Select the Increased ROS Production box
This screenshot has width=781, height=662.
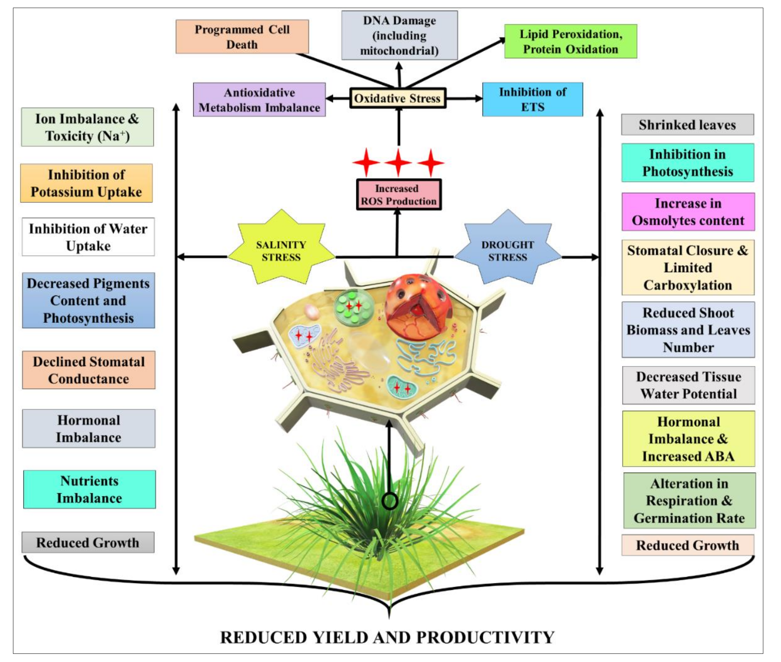399,194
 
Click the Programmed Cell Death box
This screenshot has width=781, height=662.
242,37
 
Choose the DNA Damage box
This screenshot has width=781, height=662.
399,35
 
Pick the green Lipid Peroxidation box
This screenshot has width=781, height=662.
571,41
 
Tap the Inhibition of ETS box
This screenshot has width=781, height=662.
532,99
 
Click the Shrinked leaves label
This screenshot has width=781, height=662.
687,125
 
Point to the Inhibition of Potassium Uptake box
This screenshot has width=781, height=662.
86,183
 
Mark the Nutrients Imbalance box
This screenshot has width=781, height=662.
89,489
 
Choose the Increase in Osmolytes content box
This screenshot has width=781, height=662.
688,212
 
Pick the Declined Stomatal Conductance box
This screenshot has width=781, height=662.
89,370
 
